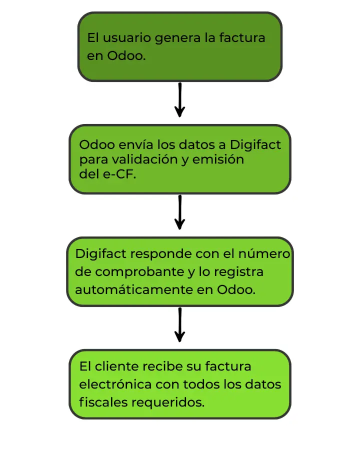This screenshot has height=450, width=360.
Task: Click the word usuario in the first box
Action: pos(126,38)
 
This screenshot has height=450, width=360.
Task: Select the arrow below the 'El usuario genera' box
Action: pos(179,100)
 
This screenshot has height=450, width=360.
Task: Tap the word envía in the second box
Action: pos(136,144)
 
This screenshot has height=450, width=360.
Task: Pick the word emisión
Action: pos(218,159)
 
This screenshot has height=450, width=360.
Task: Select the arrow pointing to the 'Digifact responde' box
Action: pos(179,212)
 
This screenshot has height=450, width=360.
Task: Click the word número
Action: pos(264,253)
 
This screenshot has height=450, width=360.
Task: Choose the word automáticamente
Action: pos(134,289)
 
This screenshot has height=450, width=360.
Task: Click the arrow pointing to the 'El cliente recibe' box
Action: pos(179,325)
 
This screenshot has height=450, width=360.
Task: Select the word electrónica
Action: pos(115,384)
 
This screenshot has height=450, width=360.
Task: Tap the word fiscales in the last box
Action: pos(103,402)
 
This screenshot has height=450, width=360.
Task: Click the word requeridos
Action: pos(168,402)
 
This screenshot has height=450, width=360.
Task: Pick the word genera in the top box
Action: pos(177,38)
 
